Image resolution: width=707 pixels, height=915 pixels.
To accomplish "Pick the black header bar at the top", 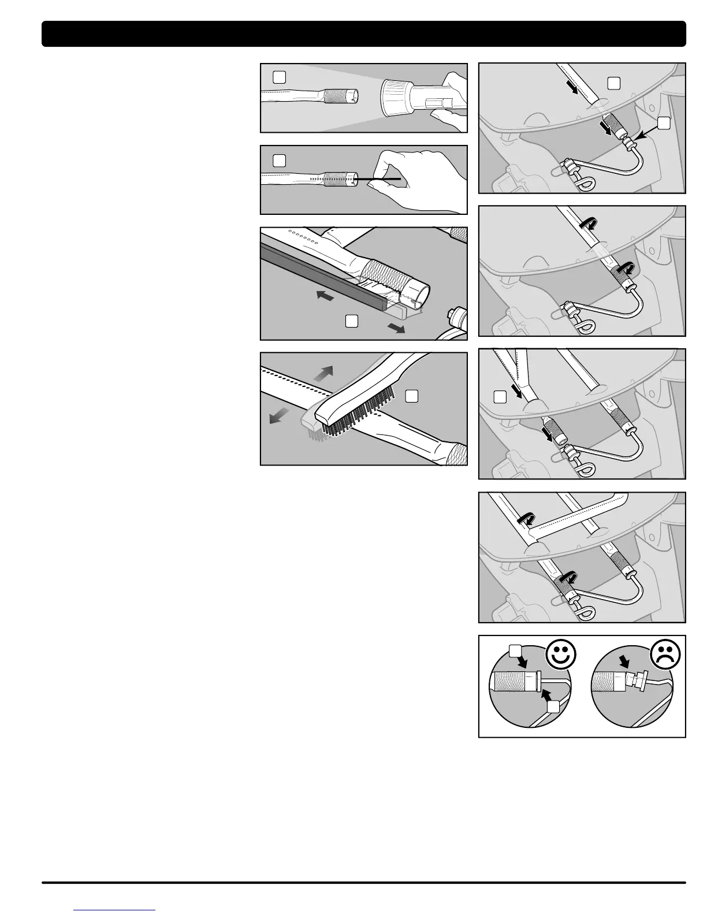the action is pos(363,34).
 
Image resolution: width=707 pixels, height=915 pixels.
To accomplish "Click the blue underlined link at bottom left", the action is pos(115,909).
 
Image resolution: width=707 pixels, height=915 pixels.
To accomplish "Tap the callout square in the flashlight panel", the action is pos(279,77).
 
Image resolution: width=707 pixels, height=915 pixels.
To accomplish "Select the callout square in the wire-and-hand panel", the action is pos(279,160).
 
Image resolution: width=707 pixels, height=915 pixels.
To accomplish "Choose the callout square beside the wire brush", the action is pos(411,395).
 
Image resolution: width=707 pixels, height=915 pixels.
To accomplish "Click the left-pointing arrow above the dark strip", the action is pos(326,296).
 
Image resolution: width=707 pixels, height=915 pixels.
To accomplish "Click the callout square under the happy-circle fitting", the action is pos(553,706).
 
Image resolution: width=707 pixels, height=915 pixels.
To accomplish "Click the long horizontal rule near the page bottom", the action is pos(363,882).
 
